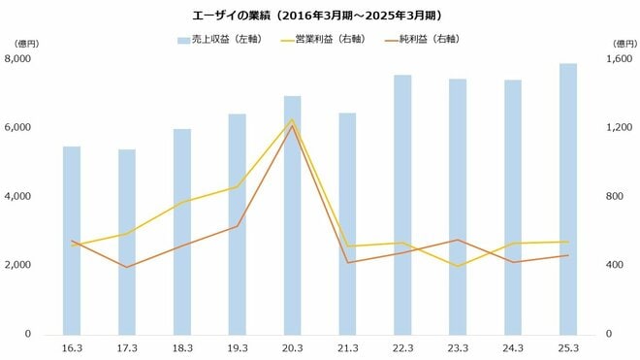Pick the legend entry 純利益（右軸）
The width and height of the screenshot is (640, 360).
(x=428, y=40)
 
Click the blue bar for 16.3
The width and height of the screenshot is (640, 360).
(x=72, y=243)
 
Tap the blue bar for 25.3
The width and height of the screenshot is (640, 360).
(x=568, y=199)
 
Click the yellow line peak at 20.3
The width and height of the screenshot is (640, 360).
(x=292, y=119)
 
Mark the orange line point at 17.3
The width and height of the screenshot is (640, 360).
(x=127, y=267)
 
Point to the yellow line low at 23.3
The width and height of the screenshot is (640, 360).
(x=458, y=266)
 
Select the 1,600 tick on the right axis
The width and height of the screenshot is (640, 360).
(x=619, y=59)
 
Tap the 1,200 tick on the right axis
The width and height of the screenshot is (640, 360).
(x=619, y=128)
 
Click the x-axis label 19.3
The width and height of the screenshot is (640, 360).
(x=237, y=347)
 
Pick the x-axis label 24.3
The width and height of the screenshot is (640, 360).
(x=513, y=347)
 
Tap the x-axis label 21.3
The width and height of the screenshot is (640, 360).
(x=347, y=347)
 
